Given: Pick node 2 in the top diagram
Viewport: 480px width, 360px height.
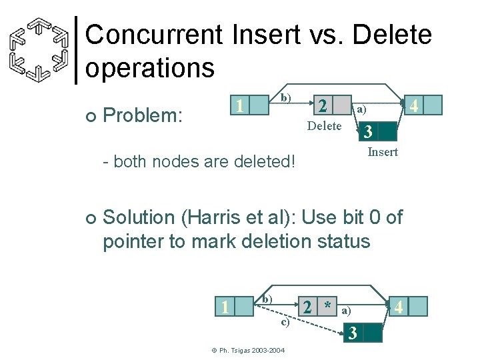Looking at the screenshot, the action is (322, 106).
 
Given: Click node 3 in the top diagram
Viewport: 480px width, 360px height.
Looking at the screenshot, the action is (367, 131).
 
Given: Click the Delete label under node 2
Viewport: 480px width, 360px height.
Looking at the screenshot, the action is (324, 126).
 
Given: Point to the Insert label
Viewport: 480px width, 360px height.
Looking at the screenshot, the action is (383, 152).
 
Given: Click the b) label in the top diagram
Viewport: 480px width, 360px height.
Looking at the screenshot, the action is (285, 97).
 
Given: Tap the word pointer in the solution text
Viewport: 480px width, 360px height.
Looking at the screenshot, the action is (133, 241).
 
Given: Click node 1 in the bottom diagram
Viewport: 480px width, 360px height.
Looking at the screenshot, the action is (226, 306).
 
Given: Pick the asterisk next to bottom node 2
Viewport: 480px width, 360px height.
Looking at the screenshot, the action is (327, 306).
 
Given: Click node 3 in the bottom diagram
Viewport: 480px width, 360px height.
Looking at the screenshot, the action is (354, 332).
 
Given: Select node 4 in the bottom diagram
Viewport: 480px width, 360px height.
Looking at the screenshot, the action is (399, 307).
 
